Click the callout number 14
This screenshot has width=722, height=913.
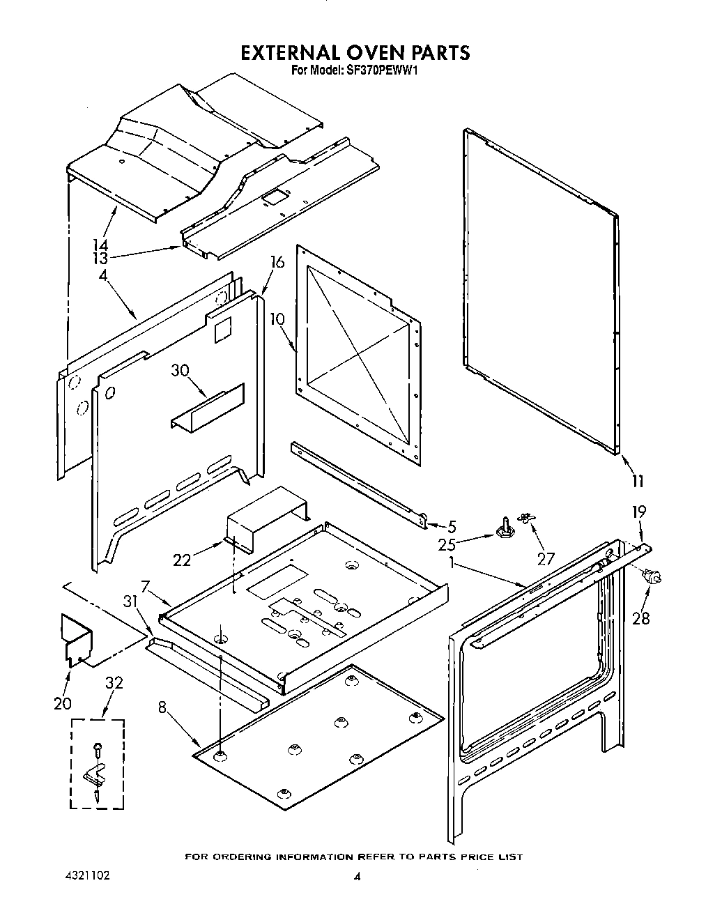coord(101,245)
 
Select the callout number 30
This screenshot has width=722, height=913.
coord(180,371)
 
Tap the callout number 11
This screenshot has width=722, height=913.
coord(637,481)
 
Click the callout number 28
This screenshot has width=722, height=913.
coord(641,617)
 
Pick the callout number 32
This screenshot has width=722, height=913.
coord(113,683)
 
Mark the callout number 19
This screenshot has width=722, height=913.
coord(638,512)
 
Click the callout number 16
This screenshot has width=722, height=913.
coord(277,262)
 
